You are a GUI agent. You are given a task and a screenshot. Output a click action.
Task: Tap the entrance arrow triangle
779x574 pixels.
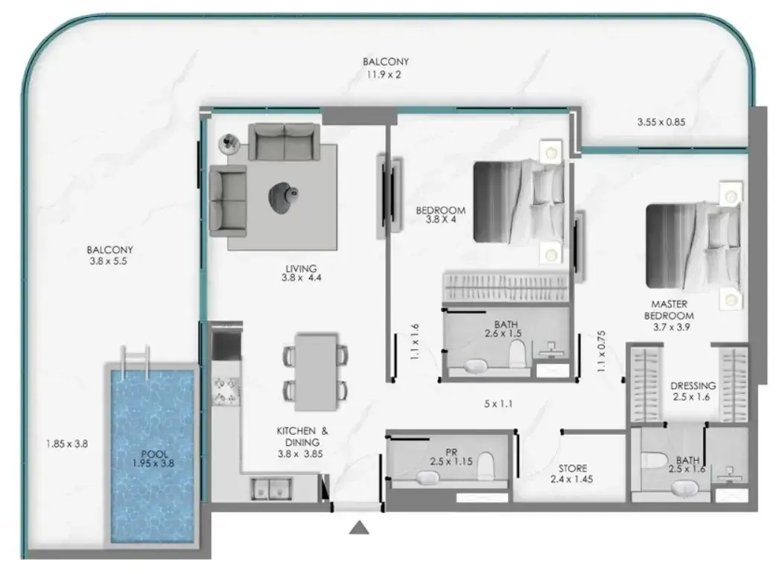click(x=359, y=528)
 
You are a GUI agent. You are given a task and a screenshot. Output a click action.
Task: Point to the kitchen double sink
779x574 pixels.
click(x=270, y=488)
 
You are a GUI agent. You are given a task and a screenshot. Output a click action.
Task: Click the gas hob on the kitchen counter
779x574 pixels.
click(x=226, y=391)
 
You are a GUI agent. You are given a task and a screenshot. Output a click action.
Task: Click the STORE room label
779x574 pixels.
click(x=572, y=468)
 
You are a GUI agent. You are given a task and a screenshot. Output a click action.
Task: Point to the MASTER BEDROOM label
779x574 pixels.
click(x=670, y=310)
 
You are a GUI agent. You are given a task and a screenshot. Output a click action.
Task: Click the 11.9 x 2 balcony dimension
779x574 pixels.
click(x=384, y=75)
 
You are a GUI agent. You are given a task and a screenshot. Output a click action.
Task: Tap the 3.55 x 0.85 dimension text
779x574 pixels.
click(x=661, y=121)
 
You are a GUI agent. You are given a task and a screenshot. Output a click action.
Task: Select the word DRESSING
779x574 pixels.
click(x=693, y=386)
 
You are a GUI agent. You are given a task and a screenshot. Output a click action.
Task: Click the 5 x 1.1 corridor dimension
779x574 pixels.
click(x=498, y=404)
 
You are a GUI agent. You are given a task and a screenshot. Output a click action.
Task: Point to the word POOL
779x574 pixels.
click(x=154, y=454)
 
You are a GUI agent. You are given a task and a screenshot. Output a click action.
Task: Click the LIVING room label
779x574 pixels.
click(x=301, y=269)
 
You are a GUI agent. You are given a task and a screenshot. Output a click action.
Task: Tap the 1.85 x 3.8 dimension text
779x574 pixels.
click(x=67, y=444)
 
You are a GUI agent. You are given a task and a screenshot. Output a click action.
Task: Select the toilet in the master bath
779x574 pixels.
click(x=653, y=460)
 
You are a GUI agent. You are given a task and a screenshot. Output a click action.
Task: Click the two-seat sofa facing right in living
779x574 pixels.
click(x=228, y=200)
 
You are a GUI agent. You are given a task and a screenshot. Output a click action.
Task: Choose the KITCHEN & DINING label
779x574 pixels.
click(x=302, y=436)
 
